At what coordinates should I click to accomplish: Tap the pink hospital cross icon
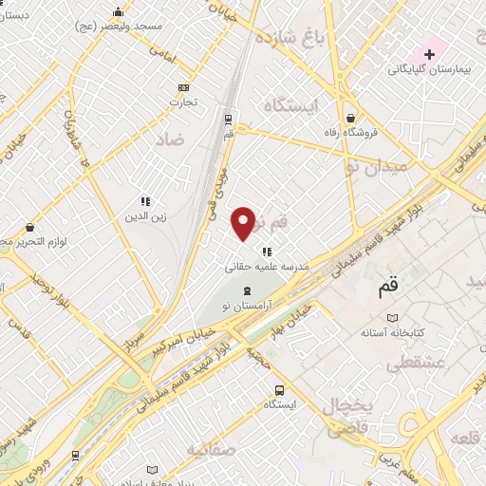[429, 53]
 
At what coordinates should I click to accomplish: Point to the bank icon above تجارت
[182, 87]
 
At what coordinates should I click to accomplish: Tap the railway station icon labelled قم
[228, 119]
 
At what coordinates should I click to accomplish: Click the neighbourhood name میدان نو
[378, 166]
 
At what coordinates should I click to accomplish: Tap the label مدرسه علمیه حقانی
[264, 268]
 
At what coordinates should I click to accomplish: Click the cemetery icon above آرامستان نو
[247, 290]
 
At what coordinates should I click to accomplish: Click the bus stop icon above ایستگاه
[279, 390]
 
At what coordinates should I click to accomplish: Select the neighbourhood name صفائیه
[211, 448]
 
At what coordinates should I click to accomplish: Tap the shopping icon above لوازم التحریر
[30, 228]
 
